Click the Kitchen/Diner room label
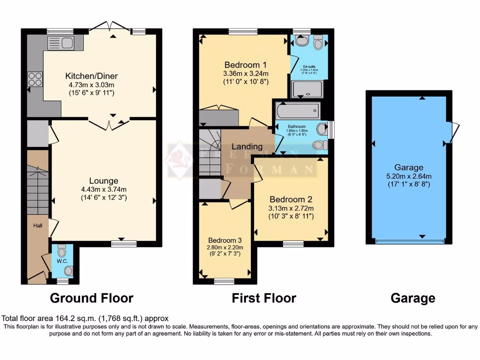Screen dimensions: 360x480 click(91, 76)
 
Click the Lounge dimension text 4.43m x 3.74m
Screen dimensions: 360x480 click(104, 189)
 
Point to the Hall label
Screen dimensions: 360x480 click(37, 225)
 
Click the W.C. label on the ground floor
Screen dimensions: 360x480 click(62, 261)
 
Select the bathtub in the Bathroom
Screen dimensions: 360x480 click(298, 112)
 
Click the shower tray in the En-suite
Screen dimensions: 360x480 click(304, 89)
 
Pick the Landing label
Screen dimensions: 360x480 click(247, 146)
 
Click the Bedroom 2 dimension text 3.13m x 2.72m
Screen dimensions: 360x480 click(291, 208)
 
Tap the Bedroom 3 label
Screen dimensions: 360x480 click(225, 238)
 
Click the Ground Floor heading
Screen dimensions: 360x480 click(91, 298)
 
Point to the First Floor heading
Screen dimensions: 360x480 click(264, 298)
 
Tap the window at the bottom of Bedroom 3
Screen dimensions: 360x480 click(225, 281)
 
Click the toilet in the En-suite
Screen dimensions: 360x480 click(319, 43)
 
